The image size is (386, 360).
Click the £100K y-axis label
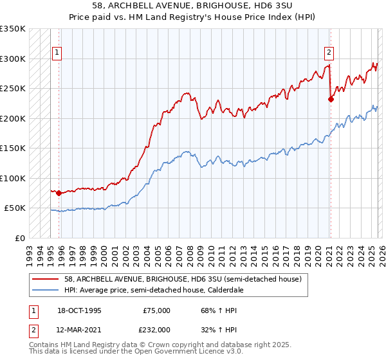point(13,178)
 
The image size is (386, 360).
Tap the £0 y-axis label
point(19,238)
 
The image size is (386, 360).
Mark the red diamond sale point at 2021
point(331,99)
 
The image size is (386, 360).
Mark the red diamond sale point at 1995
point(59,193)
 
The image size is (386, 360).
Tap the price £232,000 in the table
point(156,329)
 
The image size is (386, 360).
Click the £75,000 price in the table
point(156,310)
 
